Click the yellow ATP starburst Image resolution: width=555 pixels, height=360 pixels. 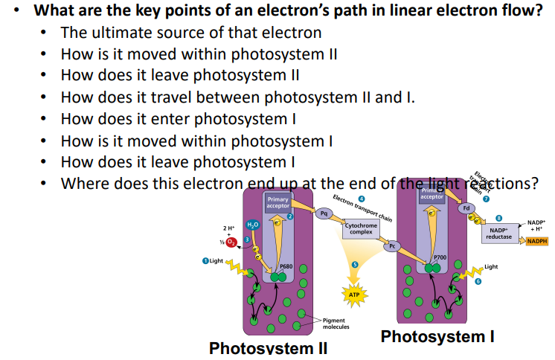coord(355,295)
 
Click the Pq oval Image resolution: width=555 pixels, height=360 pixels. coord(324,213)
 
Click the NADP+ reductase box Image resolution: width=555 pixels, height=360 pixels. coord(499,233)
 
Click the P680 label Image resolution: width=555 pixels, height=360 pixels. coord(285,266)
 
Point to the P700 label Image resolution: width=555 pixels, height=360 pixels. coord(440,257)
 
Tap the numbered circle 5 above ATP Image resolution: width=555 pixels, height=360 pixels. coord(355,265)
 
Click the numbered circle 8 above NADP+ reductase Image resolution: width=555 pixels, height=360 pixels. coord(499,217)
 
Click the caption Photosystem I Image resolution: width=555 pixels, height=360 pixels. coord(437,337)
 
